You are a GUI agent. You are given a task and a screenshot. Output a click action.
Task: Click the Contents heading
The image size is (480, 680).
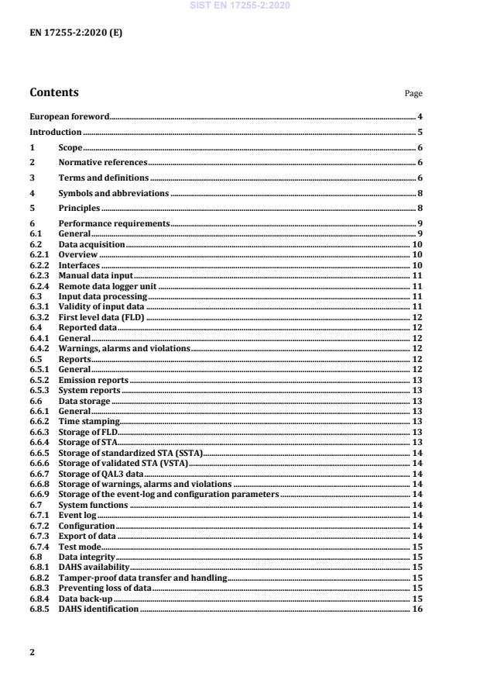54,93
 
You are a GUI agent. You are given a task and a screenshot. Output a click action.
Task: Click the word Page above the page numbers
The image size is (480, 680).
413,95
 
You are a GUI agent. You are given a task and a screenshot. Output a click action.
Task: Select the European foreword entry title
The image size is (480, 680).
69,117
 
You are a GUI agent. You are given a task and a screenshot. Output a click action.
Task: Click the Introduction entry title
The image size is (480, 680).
56,133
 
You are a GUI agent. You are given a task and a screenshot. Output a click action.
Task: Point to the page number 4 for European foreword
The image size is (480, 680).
419,117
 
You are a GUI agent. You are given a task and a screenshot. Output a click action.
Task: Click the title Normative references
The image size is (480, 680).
103,163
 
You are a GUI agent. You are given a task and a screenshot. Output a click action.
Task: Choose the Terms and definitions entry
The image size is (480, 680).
104,178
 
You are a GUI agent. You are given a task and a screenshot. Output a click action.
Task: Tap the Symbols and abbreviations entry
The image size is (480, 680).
114,193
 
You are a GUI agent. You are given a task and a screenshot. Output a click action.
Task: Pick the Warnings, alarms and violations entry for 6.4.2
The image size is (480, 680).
125,349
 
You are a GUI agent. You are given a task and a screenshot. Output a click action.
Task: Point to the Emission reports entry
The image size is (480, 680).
94,381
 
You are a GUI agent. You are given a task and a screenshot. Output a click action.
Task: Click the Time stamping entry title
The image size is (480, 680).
89,421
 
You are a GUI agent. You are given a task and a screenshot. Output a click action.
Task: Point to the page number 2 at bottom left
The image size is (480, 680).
33,652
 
